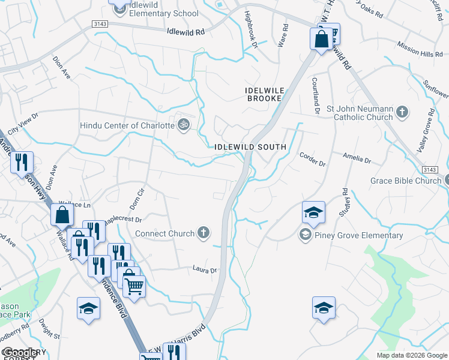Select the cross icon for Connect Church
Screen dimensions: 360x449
[x=204, y=233]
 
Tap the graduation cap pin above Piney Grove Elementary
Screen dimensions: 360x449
[x=313, y=213]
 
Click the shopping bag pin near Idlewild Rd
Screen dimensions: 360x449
[x=321, y=40]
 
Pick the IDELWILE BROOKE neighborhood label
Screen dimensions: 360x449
[x=264, y=94]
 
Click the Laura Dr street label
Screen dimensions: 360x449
[x=204, y=270]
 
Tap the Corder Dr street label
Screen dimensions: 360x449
[x=312, y=159]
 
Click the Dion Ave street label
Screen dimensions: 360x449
[x=61, y=67]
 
